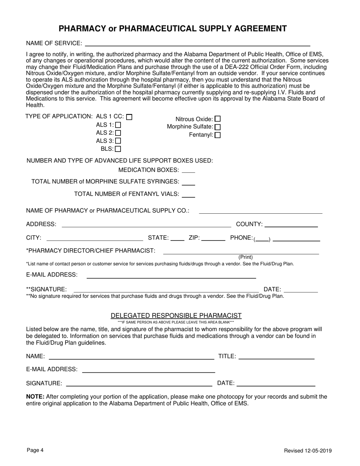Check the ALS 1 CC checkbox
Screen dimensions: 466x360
point(129,117)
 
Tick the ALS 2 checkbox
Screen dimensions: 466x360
point(118,133)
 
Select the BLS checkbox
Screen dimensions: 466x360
point(118,149)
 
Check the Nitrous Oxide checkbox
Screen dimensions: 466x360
point(218,119)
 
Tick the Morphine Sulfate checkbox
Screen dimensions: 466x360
point(218,127)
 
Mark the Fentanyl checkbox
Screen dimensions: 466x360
point(218,135)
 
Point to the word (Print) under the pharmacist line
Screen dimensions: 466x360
point(246,257)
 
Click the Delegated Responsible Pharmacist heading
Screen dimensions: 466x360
point(176,316)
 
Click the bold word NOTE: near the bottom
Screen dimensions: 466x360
point(35,397)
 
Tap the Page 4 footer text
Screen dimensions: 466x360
point(35,450)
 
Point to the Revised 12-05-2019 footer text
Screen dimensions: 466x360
point(308,450)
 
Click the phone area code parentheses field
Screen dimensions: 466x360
point(262,238)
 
